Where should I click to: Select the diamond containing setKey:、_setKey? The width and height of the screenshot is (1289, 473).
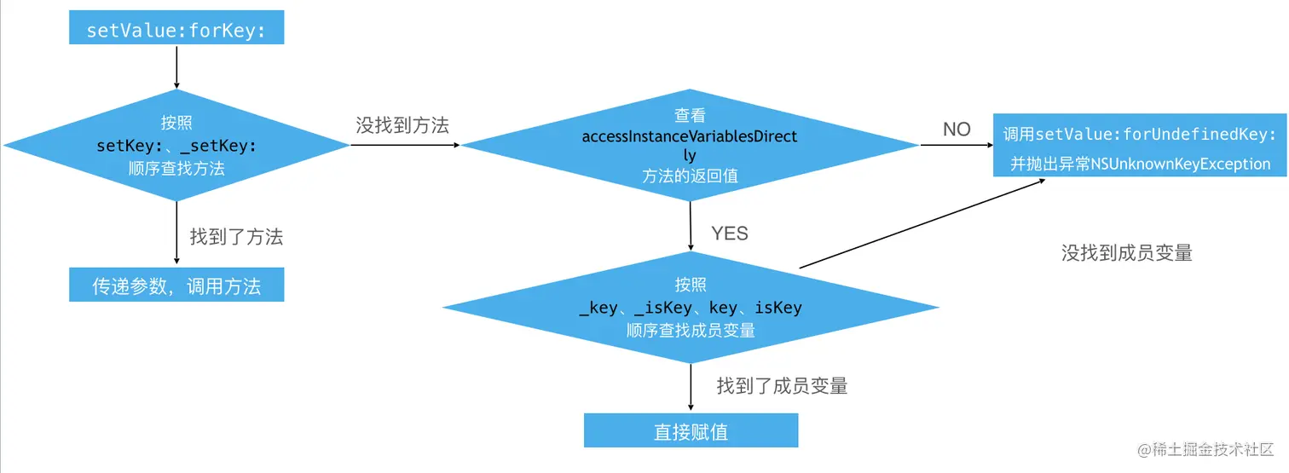[x=176, y=145]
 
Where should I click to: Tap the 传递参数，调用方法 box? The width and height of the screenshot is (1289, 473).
[x=176, y=286]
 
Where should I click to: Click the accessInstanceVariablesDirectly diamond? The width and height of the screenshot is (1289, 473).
[x=690, y=145]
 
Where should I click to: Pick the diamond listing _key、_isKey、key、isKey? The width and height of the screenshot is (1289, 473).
[x=690, y=308]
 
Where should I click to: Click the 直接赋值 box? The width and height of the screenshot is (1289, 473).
[x=691, y=430]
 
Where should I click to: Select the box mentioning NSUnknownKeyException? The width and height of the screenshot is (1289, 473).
[x=1140, y=145]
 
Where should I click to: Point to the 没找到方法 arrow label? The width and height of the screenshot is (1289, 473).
[x=402, y=125]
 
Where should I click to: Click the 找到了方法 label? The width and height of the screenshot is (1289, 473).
[x=236, y=237]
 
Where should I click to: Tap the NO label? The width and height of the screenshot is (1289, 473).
[x=957, y=130]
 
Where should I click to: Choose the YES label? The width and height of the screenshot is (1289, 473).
[x=729, y=234]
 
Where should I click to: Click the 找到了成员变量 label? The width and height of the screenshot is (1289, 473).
[x=782, y=386]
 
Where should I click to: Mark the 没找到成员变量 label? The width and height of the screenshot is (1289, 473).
[x=1126, y=252]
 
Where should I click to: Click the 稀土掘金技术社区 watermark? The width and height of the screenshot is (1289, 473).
[x=1203, y=449]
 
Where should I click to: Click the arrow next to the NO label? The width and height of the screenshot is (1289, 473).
[x=956, y=146]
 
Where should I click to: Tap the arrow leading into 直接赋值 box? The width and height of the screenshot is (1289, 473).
[x=691, y=389]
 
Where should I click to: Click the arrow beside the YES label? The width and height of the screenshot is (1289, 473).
[x=691, y=226]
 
